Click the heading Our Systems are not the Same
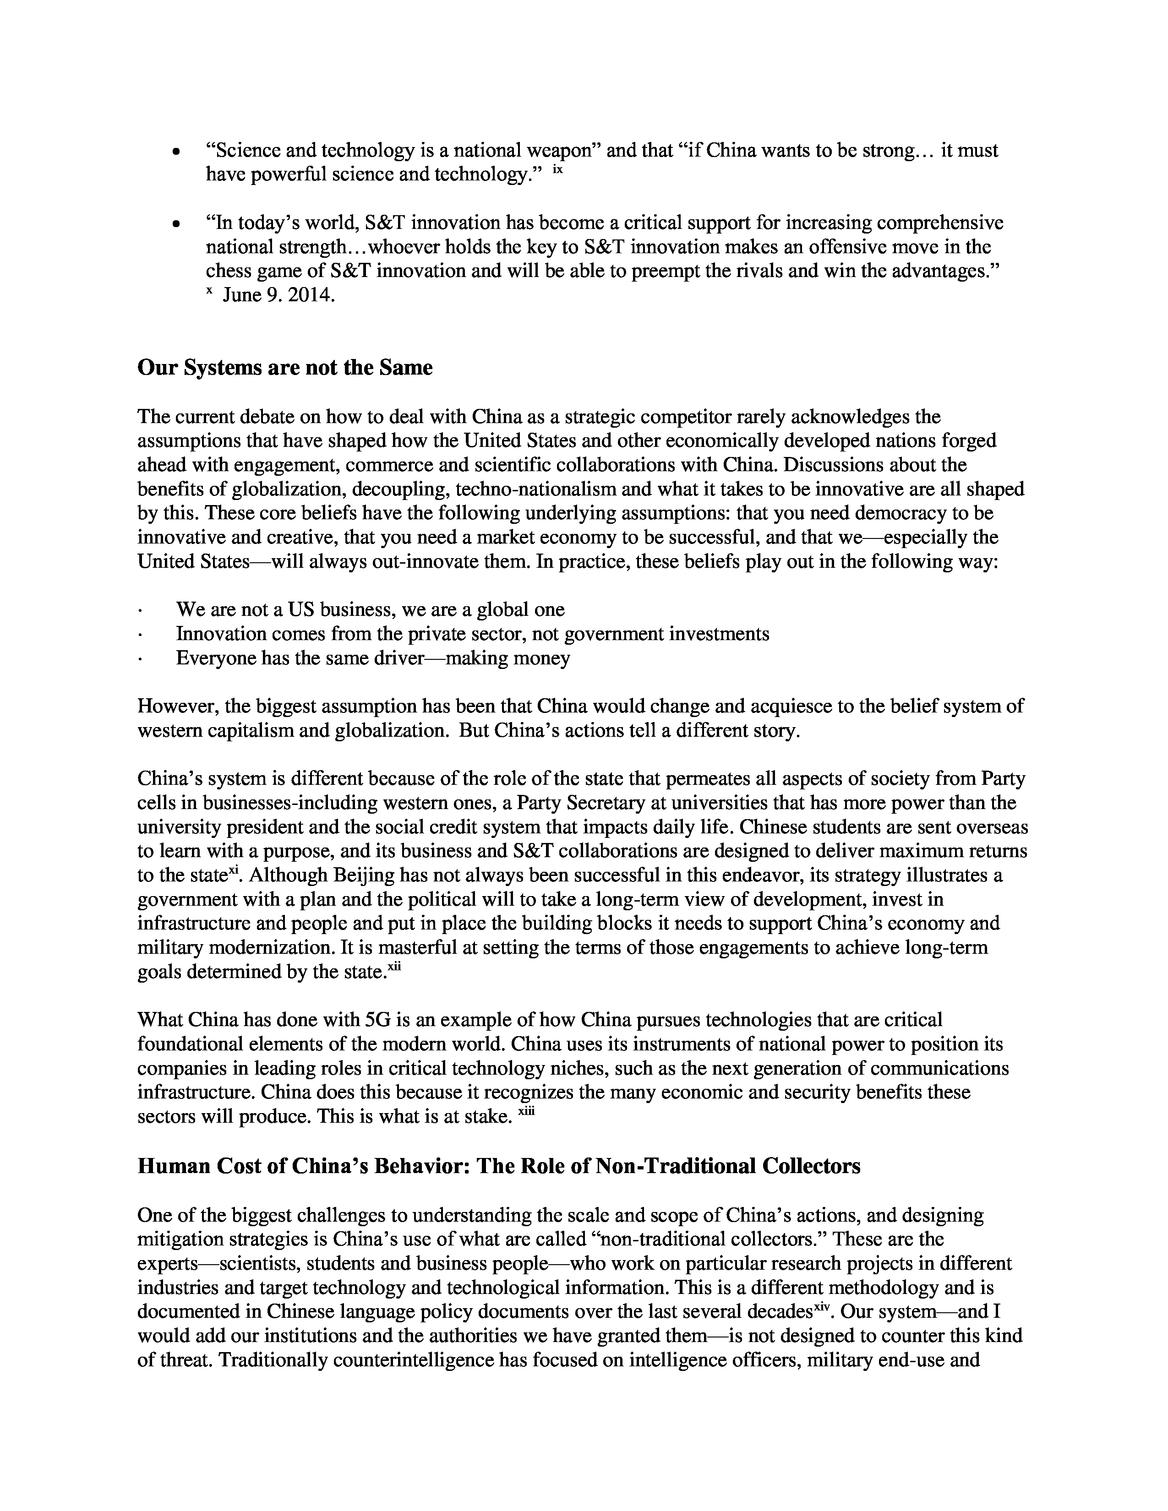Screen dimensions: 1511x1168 [284, 367]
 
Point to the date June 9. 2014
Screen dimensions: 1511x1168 [279, 295]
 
